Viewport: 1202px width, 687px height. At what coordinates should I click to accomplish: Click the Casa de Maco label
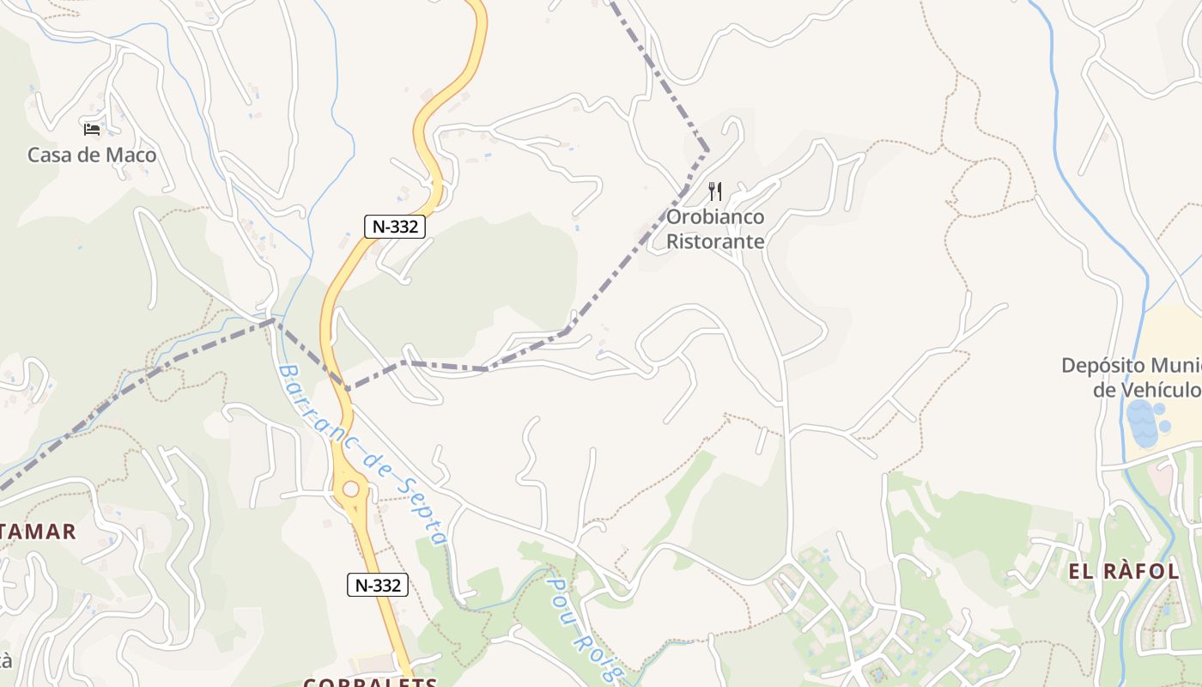tap(92, 155)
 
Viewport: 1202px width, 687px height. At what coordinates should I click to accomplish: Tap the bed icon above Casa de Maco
tap(92, 130)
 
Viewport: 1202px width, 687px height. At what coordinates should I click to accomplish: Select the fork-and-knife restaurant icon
tap(715, 191)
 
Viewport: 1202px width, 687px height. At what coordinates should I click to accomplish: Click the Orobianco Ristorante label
tap(715, 229)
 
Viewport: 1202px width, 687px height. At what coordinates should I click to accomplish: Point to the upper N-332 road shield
tap(395, 226)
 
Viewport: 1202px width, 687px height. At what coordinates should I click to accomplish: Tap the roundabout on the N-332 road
tap(350, 489)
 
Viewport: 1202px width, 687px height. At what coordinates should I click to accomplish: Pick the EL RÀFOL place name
tap(1124, 571)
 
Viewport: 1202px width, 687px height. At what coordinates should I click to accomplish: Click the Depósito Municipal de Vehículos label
tap(1132, 377)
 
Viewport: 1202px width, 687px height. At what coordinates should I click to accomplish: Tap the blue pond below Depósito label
tap(1144, 423)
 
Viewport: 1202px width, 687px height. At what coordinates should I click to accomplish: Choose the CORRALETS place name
tap(370, 682)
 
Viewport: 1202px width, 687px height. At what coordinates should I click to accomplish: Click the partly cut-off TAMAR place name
tap(38, 532)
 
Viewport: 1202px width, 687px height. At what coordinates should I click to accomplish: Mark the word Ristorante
tap(715, 241)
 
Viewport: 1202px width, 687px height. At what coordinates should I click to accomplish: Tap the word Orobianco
tap(715, 217)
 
